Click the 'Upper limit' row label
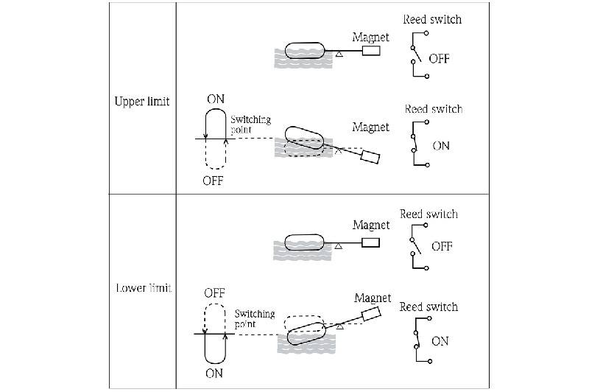click(x=142, y=102)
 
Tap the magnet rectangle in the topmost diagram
click(x=371, y=52)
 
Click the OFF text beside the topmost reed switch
click(x=440, y=59)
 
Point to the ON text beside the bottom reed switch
click(x=440, y=341)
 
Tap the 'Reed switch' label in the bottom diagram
click(x=428, y=307)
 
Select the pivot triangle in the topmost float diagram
click(x=338, y=55)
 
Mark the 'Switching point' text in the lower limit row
click(x=254, y=318)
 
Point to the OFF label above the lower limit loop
click(x=214, y=293)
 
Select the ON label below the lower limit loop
click(x=214, y=374)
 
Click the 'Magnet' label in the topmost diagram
click(x=370, y=37)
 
